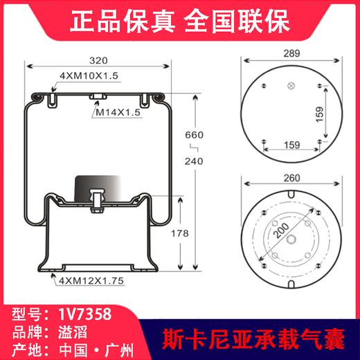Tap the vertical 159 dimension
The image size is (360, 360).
coord(339,114)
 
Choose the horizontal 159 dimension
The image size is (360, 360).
coord(291,146)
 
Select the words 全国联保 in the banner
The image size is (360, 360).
coord(248,18)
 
